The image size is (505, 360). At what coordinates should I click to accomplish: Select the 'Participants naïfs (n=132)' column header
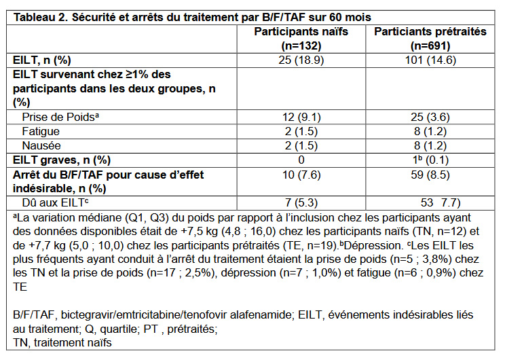[x=306, y=38]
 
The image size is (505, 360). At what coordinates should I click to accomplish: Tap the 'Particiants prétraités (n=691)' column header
[x=430, y=38]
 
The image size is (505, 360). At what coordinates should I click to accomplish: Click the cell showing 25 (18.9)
[x=306, y=59]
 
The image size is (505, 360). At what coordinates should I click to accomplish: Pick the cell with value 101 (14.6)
[x=430, y=59]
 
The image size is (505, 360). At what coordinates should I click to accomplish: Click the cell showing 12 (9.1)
[x=306, y=116]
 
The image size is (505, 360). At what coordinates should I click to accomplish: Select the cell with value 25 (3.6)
[x=430, y=116]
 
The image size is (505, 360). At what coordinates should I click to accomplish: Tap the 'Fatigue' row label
[x=41, y=131]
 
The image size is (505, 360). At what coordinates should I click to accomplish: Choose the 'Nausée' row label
[x=41, y=145]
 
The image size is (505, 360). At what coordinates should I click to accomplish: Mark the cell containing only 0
[x=306, y=160]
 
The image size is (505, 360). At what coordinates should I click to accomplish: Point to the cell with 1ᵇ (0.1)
[x=430, y=160]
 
